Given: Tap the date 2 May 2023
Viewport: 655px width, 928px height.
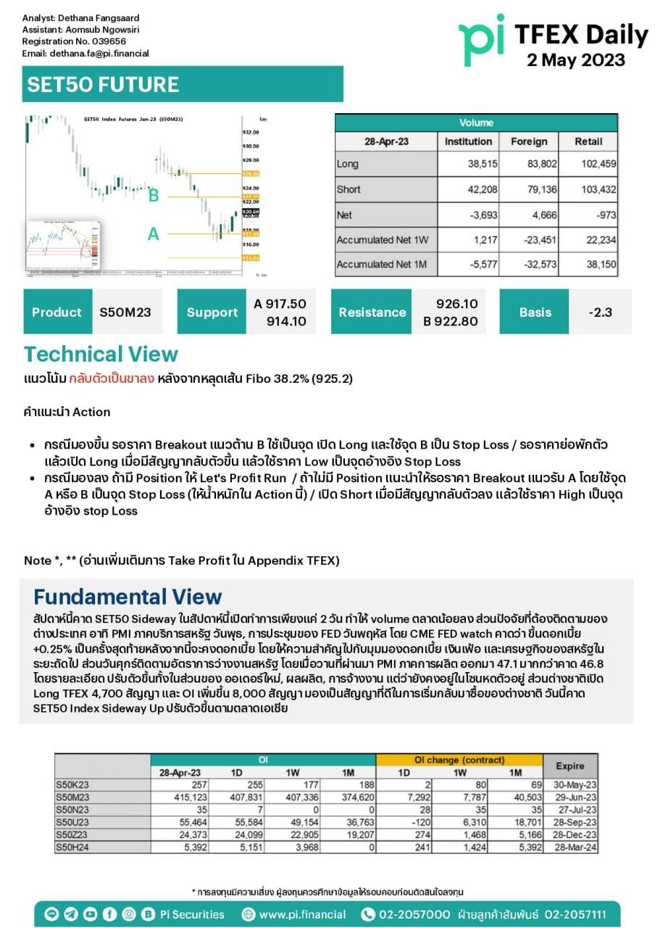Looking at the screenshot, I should tap(576, 59).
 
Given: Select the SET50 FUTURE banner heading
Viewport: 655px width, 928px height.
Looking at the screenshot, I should tap(103, 84).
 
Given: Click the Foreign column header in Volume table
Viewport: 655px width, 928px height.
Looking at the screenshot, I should tap(528, 141).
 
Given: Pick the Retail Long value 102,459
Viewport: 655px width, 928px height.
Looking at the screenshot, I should tap(598, 165).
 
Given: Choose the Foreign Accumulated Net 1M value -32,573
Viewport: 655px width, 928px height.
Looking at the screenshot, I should tap(540, 264).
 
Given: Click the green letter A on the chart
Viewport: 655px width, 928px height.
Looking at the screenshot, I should tap(154, 234).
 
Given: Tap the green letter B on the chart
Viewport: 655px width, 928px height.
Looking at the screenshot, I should tap(154, 196).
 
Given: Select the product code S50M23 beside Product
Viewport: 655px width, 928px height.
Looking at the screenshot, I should tap(125, 312).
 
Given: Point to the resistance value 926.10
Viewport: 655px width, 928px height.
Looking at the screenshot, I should tap(457, 304).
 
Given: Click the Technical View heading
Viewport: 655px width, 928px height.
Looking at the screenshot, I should tap(101, 355).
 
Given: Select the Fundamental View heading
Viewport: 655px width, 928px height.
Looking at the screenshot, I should tap(128, 597).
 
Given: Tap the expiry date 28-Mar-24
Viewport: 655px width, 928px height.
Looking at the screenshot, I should tap(575, 846).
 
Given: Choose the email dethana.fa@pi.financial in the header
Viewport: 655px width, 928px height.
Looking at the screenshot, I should tap(99, 53).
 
